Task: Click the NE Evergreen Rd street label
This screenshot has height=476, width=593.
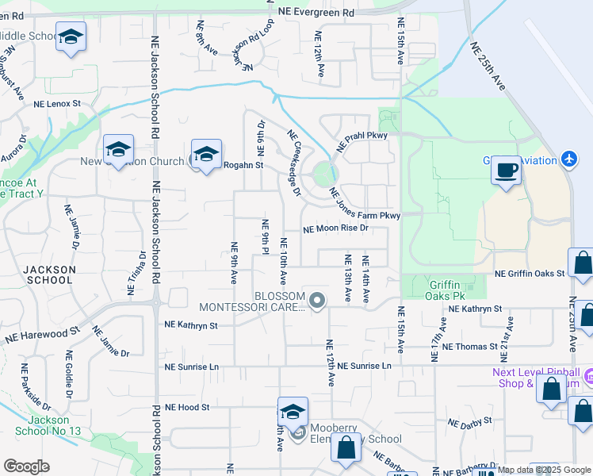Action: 316,13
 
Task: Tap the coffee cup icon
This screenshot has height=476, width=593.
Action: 506,169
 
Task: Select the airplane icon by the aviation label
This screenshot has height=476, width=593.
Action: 568,159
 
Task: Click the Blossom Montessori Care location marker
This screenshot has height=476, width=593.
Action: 317,301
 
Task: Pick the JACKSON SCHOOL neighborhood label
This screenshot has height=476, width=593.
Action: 50,274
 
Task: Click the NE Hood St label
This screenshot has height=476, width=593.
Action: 186,407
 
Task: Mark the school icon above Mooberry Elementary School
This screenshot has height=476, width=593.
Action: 293,412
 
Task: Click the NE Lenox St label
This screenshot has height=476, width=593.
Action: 57,104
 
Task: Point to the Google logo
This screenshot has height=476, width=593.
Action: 26,466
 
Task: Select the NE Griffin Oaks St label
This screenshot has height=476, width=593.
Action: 529,274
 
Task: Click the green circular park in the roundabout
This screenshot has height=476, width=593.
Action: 323,173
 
